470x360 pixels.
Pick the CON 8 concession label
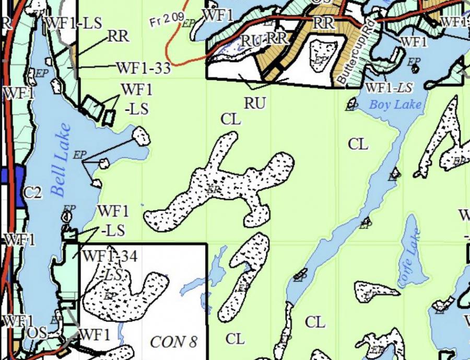[173, 342]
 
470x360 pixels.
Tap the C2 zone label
[32, 193]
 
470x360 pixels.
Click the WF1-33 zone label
[143, 68]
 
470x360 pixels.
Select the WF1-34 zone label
[110, 256]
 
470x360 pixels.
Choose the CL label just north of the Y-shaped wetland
[231, 119]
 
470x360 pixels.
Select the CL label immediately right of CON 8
[235, 339]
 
